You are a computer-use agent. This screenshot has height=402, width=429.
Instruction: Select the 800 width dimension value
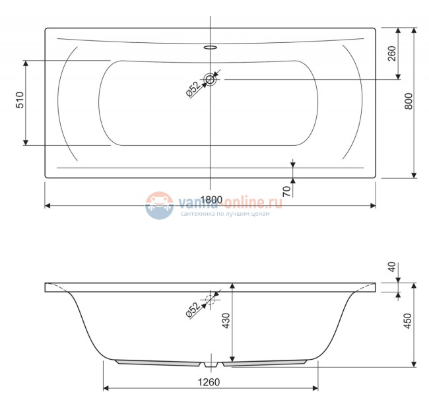408,101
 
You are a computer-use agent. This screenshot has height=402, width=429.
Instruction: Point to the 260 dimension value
393,54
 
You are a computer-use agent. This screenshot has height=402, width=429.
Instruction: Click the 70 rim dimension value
286,191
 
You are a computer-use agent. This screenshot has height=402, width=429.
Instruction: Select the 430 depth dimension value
226,321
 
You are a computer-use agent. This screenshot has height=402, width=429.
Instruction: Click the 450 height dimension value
408,321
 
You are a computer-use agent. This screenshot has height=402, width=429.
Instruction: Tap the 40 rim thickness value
392,268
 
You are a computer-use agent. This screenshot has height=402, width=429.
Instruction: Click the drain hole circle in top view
211,80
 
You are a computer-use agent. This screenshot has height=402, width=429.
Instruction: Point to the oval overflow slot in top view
211,48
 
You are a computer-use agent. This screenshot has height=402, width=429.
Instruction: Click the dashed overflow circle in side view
211,300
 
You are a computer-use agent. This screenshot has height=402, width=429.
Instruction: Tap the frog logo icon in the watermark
158,206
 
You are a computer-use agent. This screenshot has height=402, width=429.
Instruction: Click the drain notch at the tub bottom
211,364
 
